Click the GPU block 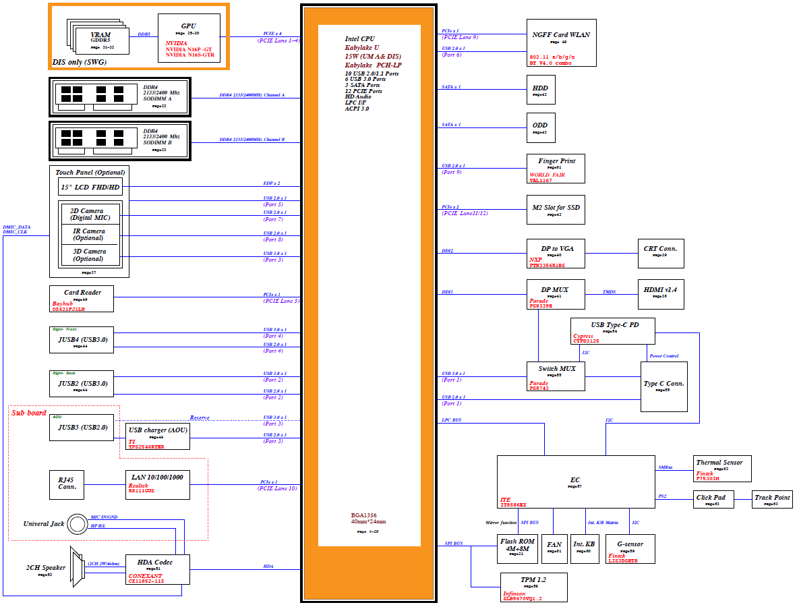click(189, 38)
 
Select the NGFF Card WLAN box click(561, 42)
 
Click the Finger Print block click(556, 169)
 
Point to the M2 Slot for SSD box click(556, 210)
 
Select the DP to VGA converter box click(556, 254)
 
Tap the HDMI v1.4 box click(661, 293)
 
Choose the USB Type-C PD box click(613, 331)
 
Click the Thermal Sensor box click(722, 469)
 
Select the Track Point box click(772, 500)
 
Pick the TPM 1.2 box click(533, 587)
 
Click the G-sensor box click(630, 548)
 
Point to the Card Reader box click(81, 299)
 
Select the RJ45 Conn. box click(67, 484)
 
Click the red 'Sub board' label click(29, 412)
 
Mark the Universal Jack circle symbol click(76, 524)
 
